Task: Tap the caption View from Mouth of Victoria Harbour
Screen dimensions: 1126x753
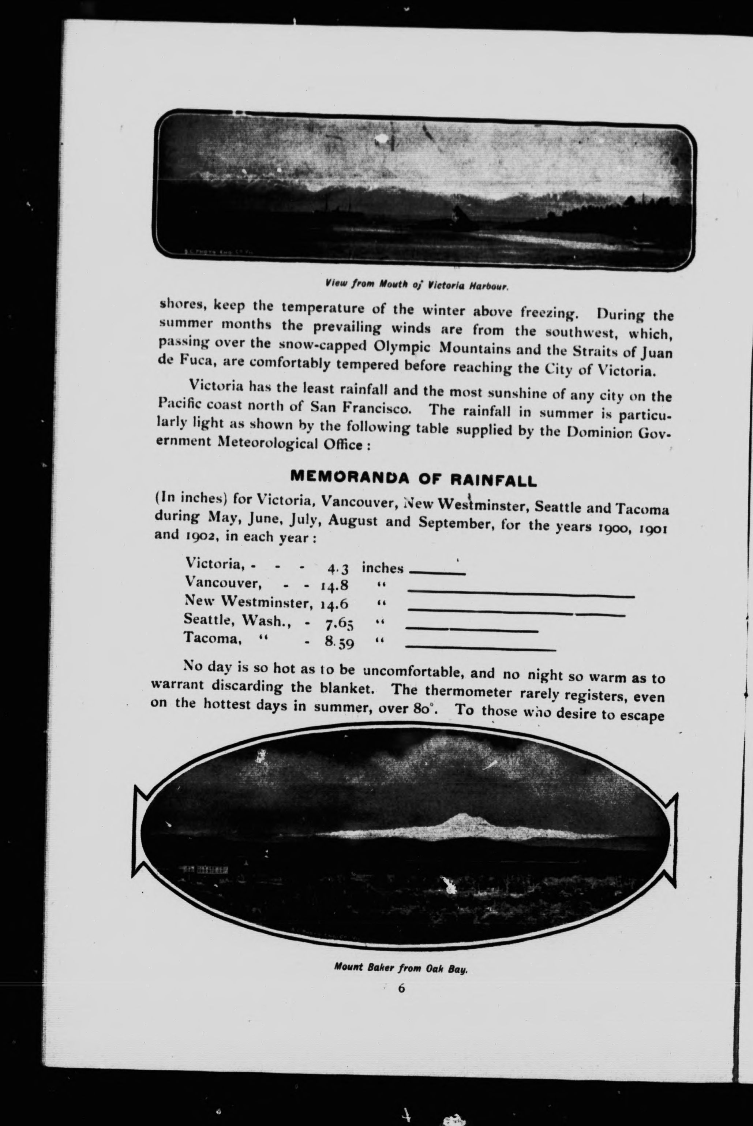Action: point(416,286)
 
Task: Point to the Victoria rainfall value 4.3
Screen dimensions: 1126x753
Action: point(338,569)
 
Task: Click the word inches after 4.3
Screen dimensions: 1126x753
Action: point(382,568)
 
